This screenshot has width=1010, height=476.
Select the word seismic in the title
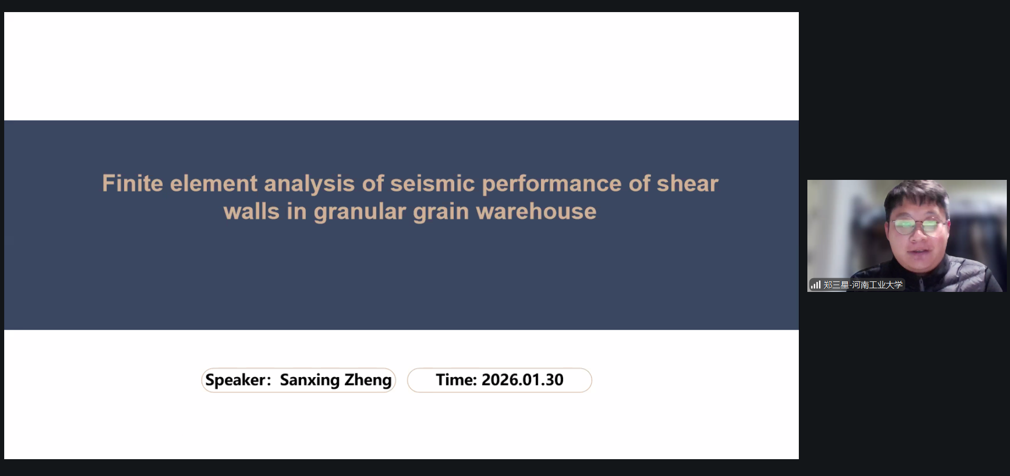[433, 184]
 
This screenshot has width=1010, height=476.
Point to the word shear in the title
[687, 184]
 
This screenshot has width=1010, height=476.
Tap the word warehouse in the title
[536, 211]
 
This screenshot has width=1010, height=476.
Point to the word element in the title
[214, 184]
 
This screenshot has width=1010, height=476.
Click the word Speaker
[238, 380]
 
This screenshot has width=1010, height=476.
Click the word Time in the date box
[456, 380]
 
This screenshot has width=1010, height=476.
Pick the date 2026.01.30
[523, 380]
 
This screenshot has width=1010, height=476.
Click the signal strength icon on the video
[816, 285]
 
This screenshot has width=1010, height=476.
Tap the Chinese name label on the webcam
[863, 285]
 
